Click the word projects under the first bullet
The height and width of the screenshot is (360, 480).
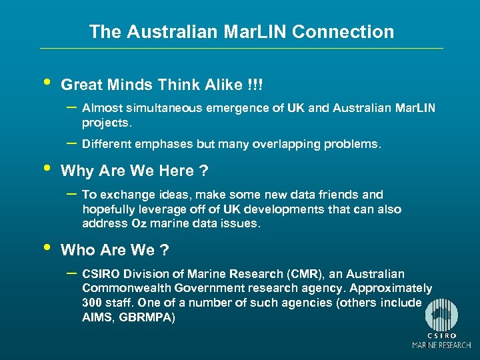point(107,123)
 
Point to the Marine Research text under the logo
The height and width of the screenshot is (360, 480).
point(442,345)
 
